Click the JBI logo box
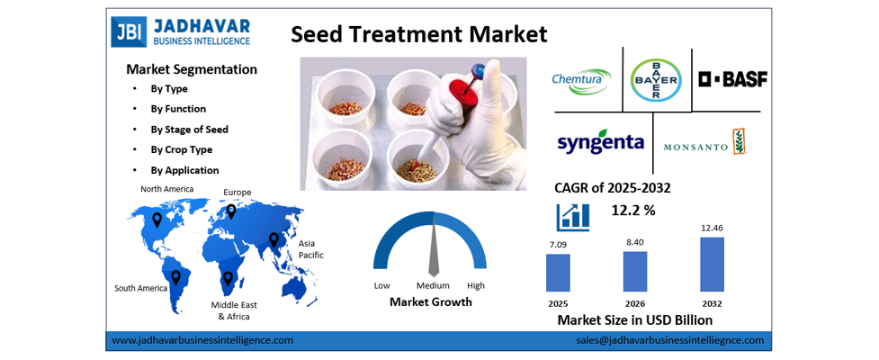127,31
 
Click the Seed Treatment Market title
418,34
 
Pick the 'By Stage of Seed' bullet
189,129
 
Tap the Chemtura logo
581,79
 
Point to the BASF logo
732,79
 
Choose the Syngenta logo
600,143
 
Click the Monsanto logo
705,144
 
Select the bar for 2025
558,272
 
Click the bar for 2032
712,263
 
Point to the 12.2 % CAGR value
633,210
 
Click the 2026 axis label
635,301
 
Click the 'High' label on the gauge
476,285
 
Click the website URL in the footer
202,340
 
